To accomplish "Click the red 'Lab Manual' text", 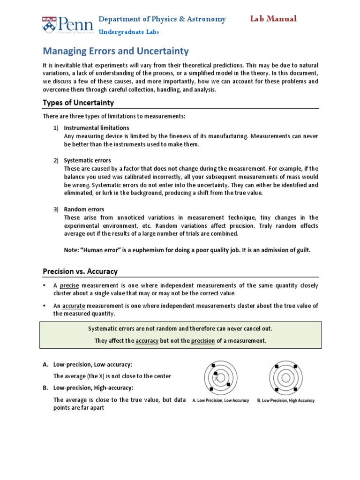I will click(273, 19).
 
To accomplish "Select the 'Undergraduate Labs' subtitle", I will click(128, 32).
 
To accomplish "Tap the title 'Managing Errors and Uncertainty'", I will click(116, 51).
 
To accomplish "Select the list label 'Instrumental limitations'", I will click(97, 127).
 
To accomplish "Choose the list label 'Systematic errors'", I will click(87, 160).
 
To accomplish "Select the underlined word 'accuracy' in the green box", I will click(147, 341).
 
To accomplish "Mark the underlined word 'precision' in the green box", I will click(203, 341).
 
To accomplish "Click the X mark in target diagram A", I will click(217, 377).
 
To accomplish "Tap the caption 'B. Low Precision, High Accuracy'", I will click(285, 401).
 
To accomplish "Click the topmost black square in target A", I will click(213, 365).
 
